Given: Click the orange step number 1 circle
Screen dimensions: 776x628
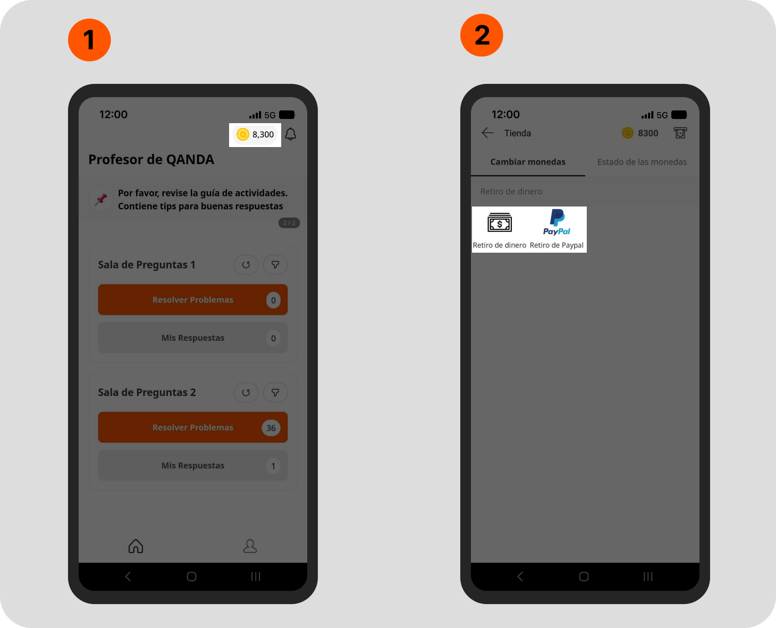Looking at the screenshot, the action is (89, 40).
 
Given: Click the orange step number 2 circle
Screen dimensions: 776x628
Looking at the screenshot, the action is (482, 35).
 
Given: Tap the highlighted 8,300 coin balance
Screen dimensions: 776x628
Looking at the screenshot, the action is (255, 135).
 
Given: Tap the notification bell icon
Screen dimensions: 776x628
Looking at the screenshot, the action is (290, 134).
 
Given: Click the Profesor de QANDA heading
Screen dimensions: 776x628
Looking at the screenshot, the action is (151, 159).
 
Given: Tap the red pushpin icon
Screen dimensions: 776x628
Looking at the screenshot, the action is (100, 200).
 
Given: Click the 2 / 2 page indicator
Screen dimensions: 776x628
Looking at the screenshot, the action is (289, 222).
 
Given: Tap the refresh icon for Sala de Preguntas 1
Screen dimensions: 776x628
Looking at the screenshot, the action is (246, 264).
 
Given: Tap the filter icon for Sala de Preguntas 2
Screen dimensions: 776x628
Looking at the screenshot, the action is (275, 392).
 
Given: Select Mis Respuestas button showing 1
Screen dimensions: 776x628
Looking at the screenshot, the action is (193, 466).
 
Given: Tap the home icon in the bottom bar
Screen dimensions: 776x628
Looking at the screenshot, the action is (136, 546).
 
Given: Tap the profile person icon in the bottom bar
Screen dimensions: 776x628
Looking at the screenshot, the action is (250, 546).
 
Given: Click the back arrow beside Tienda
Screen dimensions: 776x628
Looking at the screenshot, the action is (487, 133).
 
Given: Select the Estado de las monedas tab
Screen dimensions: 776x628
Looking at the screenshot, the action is (642, 161).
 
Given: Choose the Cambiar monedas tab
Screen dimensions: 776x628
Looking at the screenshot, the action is (528, 161).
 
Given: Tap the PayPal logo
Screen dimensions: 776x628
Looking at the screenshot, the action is (556, 222).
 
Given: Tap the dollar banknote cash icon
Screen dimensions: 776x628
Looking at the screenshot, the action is (500, 222).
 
